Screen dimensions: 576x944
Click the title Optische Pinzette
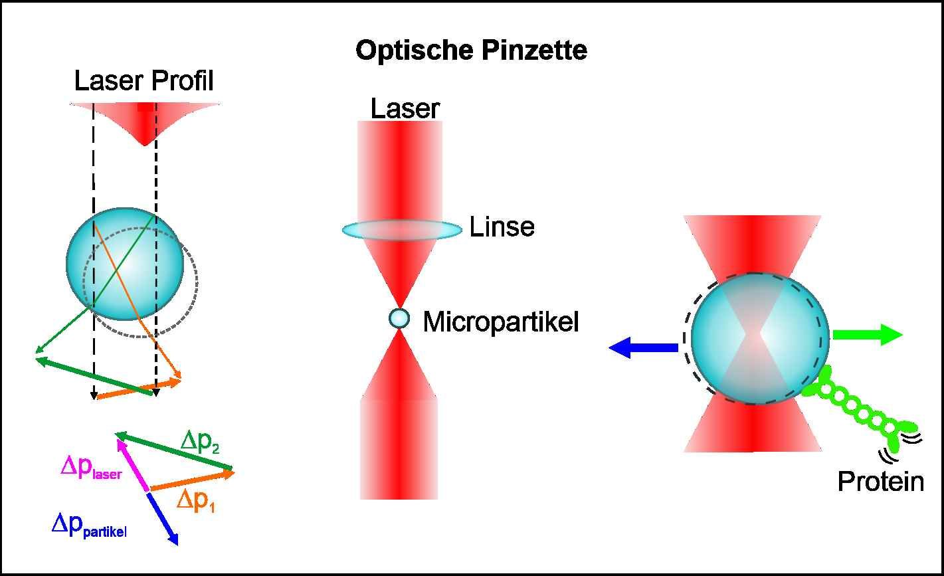(471, 51)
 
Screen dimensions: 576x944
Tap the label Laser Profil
(143, 82)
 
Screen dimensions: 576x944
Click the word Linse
(502, 228)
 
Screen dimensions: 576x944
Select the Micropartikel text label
(501, 322)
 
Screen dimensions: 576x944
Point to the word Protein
(880, 482)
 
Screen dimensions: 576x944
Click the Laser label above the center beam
(405, 109)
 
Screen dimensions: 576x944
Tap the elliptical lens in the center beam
(401, 230)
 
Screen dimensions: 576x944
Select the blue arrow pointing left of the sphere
(643, 347)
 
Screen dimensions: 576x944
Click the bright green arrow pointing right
(867, 335)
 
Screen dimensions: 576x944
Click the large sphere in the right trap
(759, 338)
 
